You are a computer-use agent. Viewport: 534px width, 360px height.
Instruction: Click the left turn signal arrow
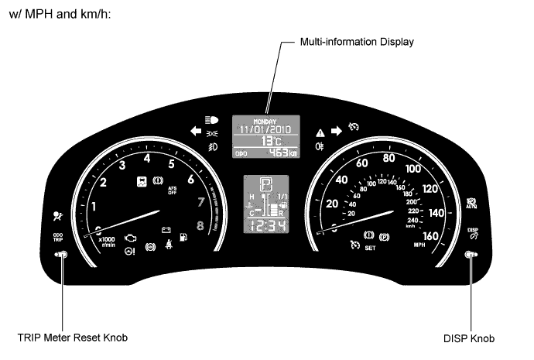click(195, 132)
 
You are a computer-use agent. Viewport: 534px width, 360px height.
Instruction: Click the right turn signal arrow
click(336, 132)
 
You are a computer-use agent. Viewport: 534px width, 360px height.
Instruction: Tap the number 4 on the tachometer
click(146, 159)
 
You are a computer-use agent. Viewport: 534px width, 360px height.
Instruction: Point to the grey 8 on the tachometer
click(200, 226)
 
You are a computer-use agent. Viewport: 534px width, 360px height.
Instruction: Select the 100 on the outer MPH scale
click(413, 169)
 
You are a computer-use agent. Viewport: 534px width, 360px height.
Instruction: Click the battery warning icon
click(165, 229)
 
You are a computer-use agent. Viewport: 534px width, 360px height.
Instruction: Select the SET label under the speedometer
click(370, 249)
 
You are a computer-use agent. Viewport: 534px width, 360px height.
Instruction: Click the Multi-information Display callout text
click(357, 41)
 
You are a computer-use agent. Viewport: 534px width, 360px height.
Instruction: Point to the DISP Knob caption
click(470, 338)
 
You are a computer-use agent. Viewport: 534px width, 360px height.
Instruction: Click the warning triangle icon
click(320, 132)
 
